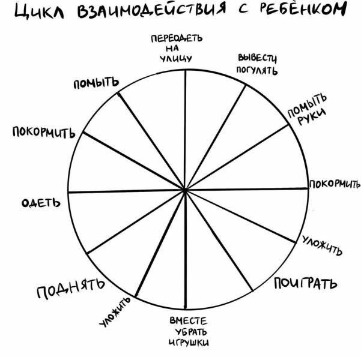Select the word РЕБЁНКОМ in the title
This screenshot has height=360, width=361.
(303, 9)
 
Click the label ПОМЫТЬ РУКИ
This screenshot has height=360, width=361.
(308, 109)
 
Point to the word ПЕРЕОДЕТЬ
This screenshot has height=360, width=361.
(177, 38)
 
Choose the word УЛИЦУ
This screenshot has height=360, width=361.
(176, 59)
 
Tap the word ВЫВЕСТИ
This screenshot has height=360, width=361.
(257, 58)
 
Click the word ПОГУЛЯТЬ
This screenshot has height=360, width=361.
(257, 70)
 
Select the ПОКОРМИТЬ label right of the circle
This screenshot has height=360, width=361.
(335, 184)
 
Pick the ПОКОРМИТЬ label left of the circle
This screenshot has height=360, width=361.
(44, 132)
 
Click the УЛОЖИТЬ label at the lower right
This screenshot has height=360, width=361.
(322, 245)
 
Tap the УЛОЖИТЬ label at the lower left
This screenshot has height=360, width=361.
(115, 311)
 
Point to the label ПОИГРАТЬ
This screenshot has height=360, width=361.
(306, 283)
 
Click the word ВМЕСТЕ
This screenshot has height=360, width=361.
(189, 320)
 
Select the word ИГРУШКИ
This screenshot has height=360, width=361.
(189, 342)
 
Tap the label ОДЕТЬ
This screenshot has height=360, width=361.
(41, 203)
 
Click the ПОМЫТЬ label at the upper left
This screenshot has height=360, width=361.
(96, 83)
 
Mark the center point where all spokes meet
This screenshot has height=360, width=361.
(184, 190)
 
